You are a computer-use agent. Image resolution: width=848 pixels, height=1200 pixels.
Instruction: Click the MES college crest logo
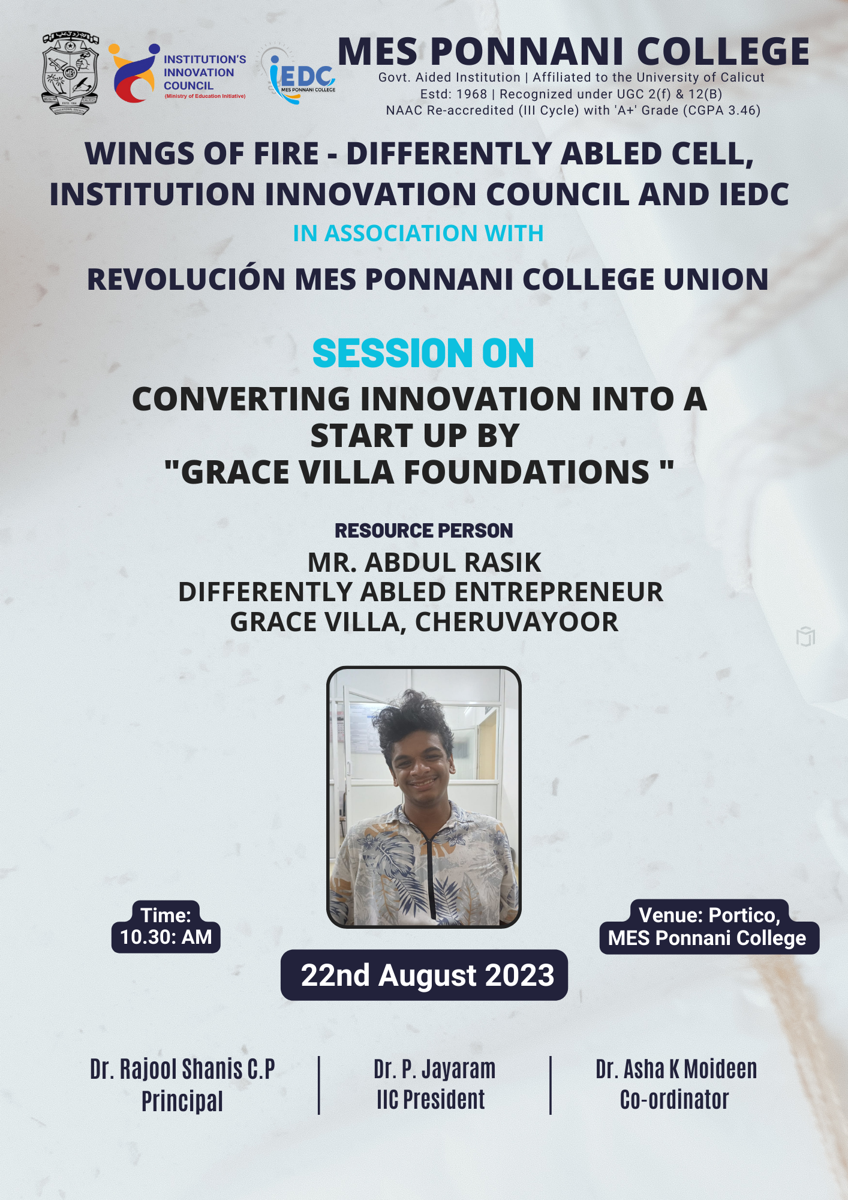(70, 73)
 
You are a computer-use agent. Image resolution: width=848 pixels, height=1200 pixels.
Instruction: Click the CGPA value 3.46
(744, 110)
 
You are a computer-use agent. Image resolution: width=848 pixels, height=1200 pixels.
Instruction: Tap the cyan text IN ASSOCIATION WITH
(418, 233)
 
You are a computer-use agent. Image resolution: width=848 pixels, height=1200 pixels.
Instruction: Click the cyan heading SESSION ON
(423, 353)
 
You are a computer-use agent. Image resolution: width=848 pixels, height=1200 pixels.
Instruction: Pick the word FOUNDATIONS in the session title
(527, 472)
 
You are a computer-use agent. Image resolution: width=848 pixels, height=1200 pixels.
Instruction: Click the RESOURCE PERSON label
(423, 531)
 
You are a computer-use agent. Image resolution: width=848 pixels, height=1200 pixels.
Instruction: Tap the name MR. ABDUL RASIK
(424, 563)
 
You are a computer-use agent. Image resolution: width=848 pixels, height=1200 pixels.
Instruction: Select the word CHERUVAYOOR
(516, 622)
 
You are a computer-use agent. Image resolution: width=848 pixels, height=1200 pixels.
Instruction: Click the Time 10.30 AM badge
(166, 926)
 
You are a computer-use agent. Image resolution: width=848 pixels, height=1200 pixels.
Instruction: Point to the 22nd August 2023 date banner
(424, 975)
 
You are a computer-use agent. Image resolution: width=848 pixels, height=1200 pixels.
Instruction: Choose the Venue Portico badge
(709, 926)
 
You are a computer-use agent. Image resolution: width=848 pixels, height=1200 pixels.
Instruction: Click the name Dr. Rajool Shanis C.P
(182, 1069)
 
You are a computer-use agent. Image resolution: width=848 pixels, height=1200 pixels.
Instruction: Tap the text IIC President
(431, 1100)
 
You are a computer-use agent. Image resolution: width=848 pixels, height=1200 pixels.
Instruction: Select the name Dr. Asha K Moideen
(676, 1069)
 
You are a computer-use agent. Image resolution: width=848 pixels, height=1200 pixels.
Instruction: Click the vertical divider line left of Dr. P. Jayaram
(319, 1085)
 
